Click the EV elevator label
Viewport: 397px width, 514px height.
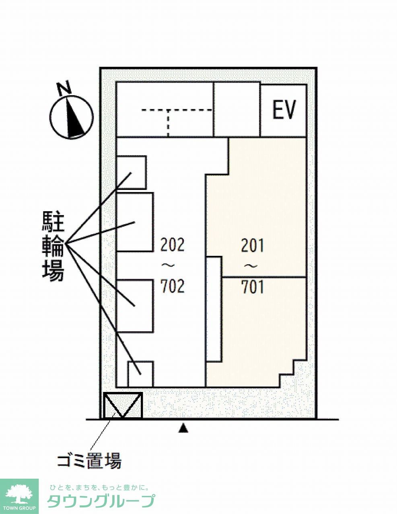(x=284, y=110)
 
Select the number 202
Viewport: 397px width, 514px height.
(x=172, y=245)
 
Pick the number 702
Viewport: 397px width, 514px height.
(x=172, y=286)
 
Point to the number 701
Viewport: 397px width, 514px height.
(x=253, y=287)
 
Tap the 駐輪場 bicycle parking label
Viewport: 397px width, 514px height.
(x=53, y=247)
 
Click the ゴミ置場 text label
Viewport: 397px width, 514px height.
(x=89, y=460)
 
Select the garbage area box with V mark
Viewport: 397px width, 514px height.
(x=123, y=406)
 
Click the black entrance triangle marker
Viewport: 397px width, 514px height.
(x=183, y=429)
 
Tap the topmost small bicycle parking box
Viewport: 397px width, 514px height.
(x=132, y=172)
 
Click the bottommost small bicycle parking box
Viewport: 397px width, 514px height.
(x=141, y=374)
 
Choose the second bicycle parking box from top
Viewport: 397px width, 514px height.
(x=135, y=222)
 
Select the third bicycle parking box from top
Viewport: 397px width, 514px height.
(x=135, y=306)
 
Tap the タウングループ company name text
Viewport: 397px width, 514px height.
(x=101, y=501)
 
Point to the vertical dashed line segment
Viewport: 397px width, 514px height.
(x=168, y=123)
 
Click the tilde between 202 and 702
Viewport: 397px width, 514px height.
(x=166, y=265)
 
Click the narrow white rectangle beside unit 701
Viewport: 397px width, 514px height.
(x=214, y=309)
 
